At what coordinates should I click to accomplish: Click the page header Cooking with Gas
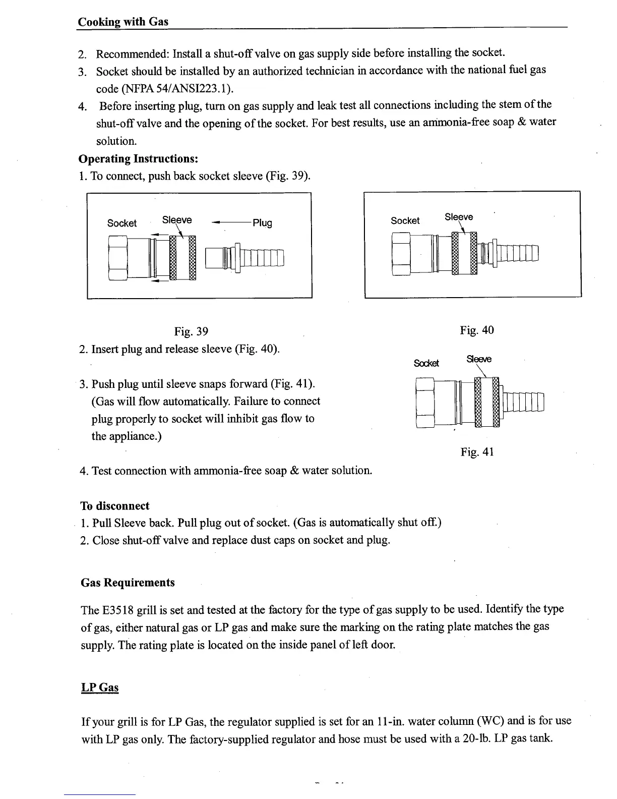(123, 22)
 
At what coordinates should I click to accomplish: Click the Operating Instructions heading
(138, 158)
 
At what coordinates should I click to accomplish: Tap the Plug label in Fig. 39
(262, 222)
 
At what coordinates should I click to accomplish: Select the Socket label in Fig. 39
(121, 223)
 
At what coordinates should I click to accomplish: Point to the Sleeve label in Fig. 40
(459, 217)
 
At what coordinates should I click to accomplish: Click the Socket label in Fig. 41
(426, 363)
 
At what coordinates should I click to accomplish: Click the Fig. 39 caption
(191, 331)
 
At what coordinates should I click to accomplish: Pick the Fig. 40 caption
(477, 330)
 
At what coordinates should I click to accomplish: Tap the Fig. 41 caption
(477, 452)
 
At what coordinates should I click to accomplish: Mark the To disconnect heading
(115, 506)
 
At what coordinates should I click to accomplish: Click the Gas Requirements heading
(128, 583)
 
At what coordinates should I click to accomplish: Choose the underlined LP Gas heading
(100, 688)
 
